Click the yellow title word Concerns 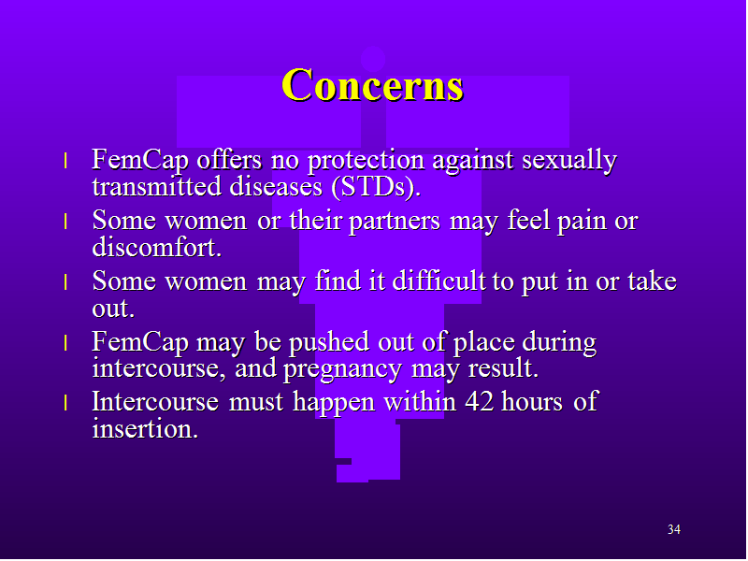point(372,85)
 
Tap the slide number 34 point(673,529)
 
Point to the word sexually point(569,161)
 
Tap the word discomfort point(157,247)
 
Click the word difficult point(439,280)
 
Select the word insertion point(145,428)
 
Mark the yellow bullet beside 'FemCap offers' point(65,161)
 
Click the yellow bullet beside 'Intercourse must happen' point(65,403)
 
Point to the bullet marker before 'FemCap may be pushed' point(65,343)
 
